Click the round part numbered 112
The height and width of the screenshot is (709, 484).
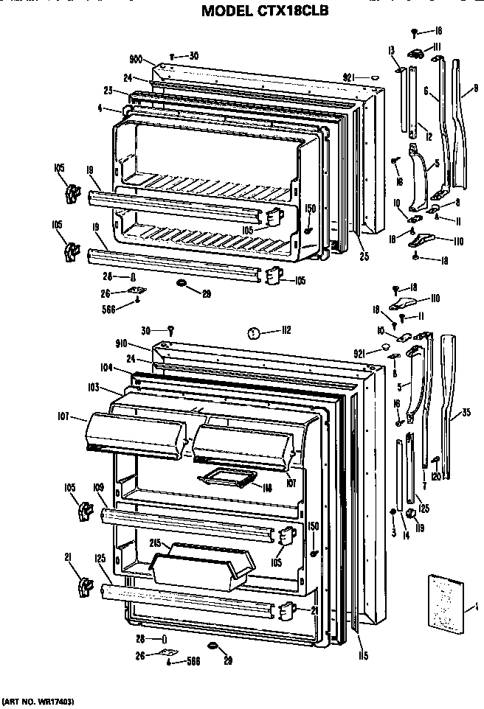(x=252, y=332)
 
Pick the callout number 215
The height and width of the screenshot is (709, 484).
(x=154, y=543)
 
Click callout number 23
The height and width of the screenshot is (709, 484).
(x=108, y=91)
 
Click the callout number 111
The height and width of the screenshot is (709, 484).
(x=437, y=46)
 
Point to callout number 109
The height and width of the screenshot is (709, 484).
(x=98, y=487)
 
